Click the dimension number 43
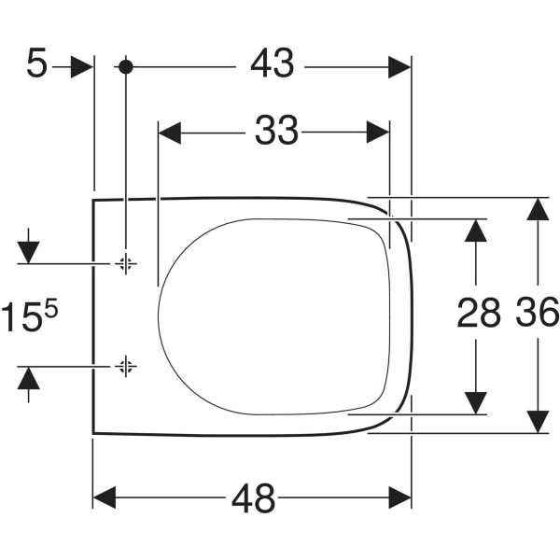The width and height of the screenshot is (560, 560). (x=273, y=63)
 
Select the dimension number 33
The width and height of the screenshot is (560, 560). (x=276, y=130)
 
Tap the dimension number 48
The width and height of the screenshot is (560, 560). (x=254, y=498)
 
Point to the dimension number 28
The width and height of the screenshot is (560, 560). (x=479, y=313)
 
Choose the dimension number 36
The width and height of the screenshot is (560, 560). (x=538, y=312)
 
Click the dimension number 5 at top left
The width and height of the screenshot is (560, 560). (x=36, y=63)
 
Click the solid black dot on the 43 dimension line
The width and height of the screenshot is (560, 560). (x=125, y=67)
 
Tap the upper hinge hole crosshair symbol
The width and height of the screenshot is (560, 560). (x=125, y=264)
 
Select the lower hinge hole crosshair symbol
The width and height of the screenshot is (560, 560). (x=125, y=366)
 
